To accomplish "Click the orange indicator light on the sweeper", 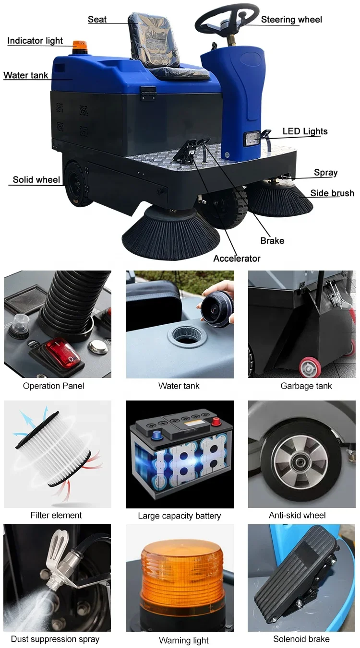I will [79, 47].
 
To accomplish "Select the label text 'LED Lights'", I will [305, 131].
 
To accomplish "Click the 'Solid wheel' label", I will [36, 180].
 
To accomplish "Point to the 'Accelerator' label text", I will [237, 259].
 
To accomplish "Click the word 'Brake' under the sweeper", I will [272, 241].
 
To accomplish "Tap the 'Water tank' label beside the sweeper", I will [26, 75].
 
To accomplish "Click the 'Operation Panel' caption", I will [53, 386].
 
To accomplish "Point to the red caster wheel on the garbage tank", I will [310, 367].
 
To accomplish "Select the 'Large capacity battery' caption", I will [179, 516].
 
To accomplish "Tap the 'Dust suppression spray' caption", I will [55, 639].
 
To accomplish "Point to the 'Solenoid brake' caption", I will [301, 639].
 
